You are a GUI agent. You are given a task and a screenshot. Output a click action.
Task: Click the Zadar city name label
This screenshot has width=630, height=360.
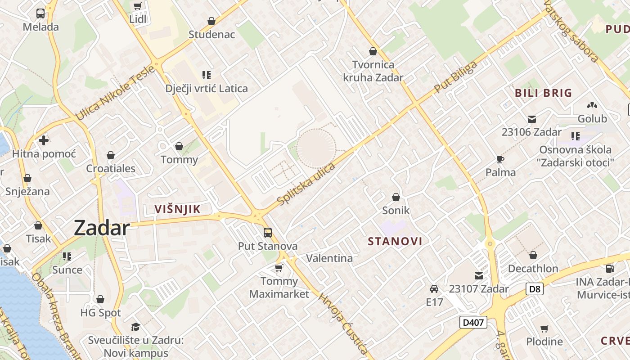[x=102, y=228]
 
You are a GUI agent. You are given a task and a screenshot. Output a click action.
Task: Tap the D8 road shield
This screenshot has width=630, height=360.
[x=535, y=288]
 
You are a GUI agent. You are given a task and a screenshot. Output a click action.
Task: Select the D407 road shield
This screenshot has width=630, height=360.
[x=473, y=322]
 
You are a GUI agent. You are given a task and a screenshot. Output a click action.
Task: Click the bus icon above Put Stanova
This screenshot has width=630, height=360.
[x=268, y=233]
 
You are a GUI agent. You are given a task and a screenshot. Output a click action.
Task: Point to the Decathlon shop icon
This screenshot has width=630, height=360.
[x=533, y=255]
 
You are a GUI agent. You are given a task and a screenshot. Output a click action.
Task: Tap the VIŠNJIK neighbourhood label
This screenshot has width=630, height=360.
[x=177, y=209]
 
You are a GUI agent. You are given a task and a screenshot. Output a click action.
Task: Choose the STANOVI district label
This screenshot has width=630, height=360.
[x=395, y=241]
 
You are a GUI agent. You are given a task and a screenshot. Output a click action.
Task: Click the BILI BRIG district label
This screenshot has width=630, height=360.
[x=544, y=93]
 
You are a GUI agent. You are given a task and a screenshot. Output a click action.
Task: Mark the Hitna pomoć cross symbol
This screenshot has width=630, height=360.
[x=44, y=140]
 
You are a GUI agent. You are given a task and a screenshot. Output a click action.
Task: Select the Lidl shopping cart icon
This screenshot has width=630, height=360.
[x=138, y=6]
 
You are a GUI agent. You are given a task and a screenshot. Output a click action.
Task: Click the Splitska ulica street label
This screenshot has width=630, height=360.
[x=306, y=184]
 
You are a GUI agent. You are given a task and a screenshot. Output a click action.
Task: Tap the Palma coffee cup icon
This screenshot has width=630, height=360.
[x=500, y=159]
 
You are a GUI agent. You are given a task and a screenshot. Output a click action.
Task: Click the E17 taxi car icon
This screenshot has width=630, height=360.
[x=434, y=289]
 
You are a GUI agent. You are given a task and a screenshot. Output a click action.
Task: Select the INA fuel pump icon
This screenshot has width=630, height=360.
[x=610, y=269]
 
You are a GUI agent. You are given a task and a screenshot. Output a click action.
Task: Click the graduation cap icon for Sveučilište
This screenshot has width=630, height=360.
[x=135, y=327]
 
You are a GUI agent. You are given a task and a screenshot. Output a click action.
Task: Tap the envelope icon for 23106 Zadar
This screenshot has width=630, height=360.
[x=532, y=119]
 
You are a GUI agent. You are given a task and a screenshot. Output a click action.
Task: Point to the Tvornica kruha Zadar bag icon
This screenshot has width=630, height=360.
[x=373, y=52]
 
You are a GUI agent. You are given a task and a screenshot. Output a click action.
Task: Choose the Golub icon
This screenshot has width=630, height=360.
[x=592, y=106]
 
